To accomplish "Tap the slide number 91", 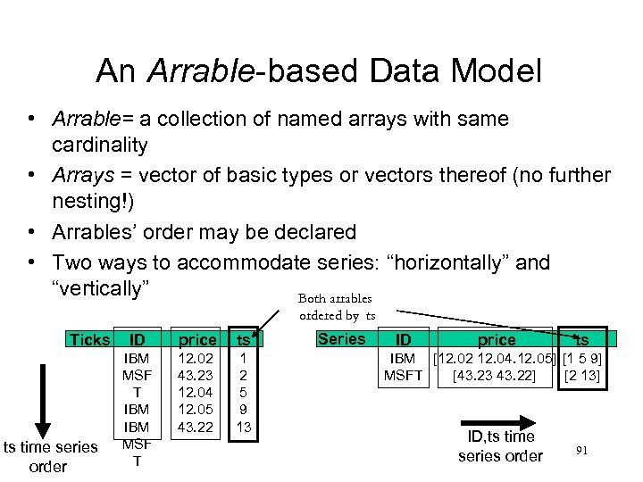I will click(x=581, y=451).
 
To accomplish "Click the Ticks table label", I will click(x=89, y=339).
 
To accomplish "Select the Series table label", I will click(x=341, y=338).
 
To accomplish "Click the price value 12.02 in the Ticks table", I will click(x=196, y=358).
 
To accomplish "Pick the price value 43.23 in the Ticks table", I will click(x=196, y=375).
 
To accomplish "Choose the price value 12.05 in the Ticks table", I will click(x=196, y=409).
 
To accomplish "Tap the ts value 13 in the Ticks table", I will click(x=243, y=426).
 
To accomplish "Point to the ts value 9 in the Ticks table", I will click(x=243, y=409).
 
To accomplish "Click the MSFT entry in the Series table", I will click(x=403, y=375).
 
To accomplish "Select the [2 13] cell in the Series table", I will click(x=582, y=375).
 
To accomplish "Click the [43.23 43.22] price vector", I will click(x=494, y=375).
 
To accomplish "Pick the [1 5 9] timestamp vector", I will click(x=582, y=358).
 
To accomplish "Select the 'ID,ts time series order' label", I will click(x=500, y=446).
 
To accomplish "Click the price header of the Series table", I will click(x=497, y=339).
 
